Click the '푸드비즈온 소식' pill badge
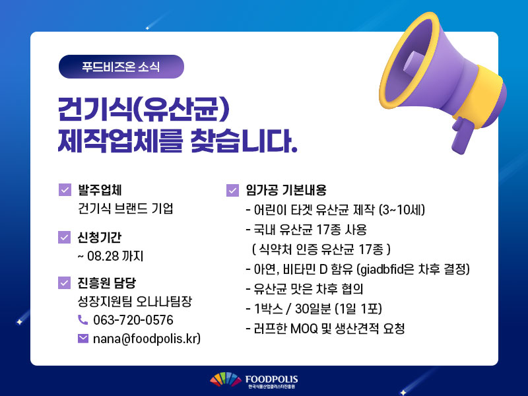tap(121, 67)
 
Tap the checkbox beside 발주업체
tap(65, 189)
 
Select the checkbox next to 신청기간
tap(64, 237)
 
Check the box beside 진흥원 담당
tap(64, 283)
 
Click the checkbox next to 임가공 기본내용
tap(232, 190)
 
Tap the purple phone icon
tap(83, 320)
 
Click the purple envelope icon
tap(83, 339)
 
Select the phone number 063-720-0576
tap(133, 320)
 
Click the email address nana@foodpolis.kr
tap(146, 339)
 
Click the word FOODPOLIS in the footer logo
tap(271, 379)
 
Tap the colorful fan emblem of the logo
tap(226, 379)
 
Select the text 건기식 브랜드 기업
tap(125, 209)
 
